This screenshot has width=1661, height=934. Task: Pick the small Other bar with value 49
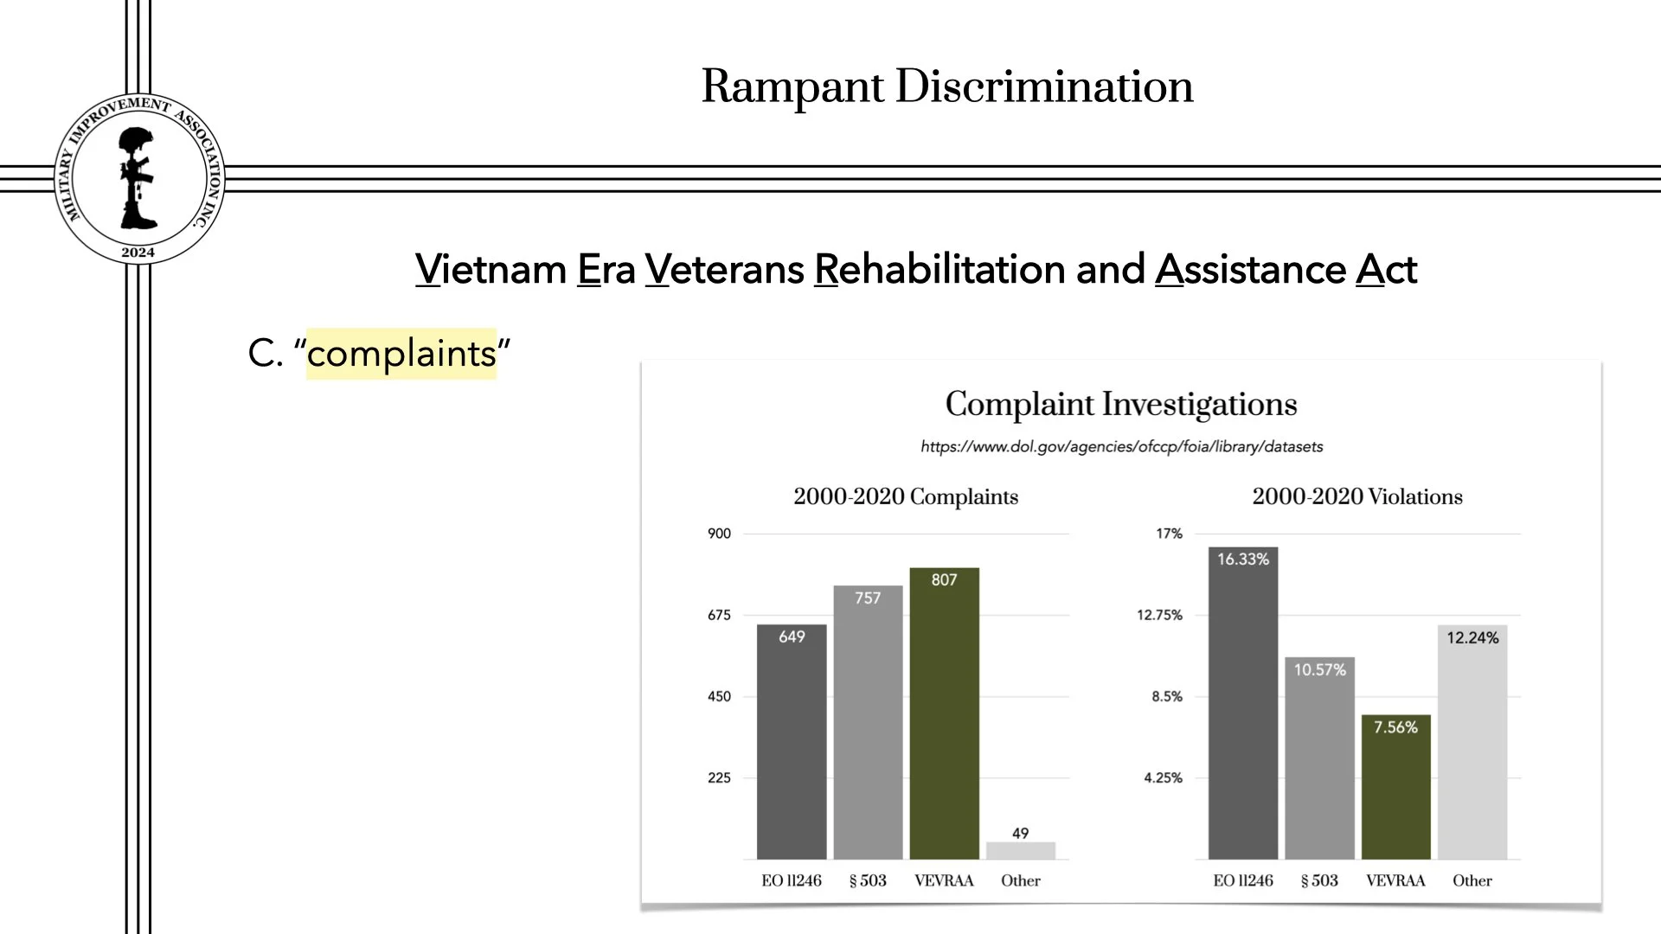(x=1021, y=850)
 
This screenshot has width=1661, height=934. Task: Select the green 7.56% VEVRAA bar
(x=1395, y=787)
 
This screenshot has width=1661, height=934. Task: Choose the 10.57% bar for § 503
(x=1319, y=758)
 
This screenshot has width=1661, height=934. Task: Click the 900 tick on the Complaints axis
(x=719, y=534)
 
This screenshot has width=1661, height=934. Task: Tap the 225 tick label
(x=719, y=777)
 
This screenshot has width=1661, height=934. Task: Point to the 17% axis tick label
(x=1169, y=534)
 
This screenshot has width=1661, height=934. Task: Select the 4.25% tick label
(x=1163, y=777)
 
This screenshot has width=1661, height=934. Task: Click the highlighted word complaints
(x=401, y=354)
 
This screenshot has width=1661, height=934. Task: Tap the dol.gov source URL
(x=1121, y=446)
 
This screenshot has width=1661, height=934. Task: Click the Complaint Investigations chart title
(x=1121, y=404)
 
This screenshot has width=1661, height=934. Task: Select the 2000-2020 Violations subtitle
(x=1356, y=496)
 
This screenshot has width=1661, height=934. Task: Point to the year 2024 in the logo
(x=138, y=253)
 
